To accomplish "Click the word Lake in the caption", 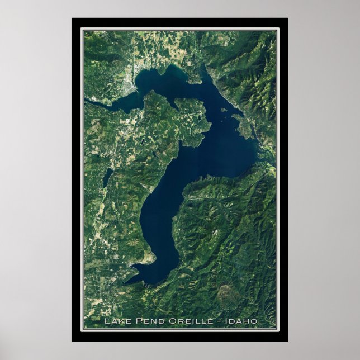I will coord(115,321).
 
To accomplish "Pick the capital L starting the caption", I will coord(106,321).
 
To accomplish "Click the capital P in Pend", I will coord(133,321).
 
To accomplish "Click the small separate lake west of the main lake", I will coord(107,177).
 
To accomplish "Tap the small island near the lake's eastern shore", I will coord(225,110).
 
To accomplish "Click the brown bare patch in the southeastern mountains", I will coord(226,291).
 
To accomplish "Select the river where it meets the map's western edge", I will coord(86,101).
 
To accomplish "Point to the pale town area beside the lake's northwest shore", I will coord(132,87).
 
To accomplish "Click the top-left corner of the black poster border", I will coord(73,18).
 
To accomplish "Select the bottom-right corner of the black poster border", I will coord(287,341).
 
